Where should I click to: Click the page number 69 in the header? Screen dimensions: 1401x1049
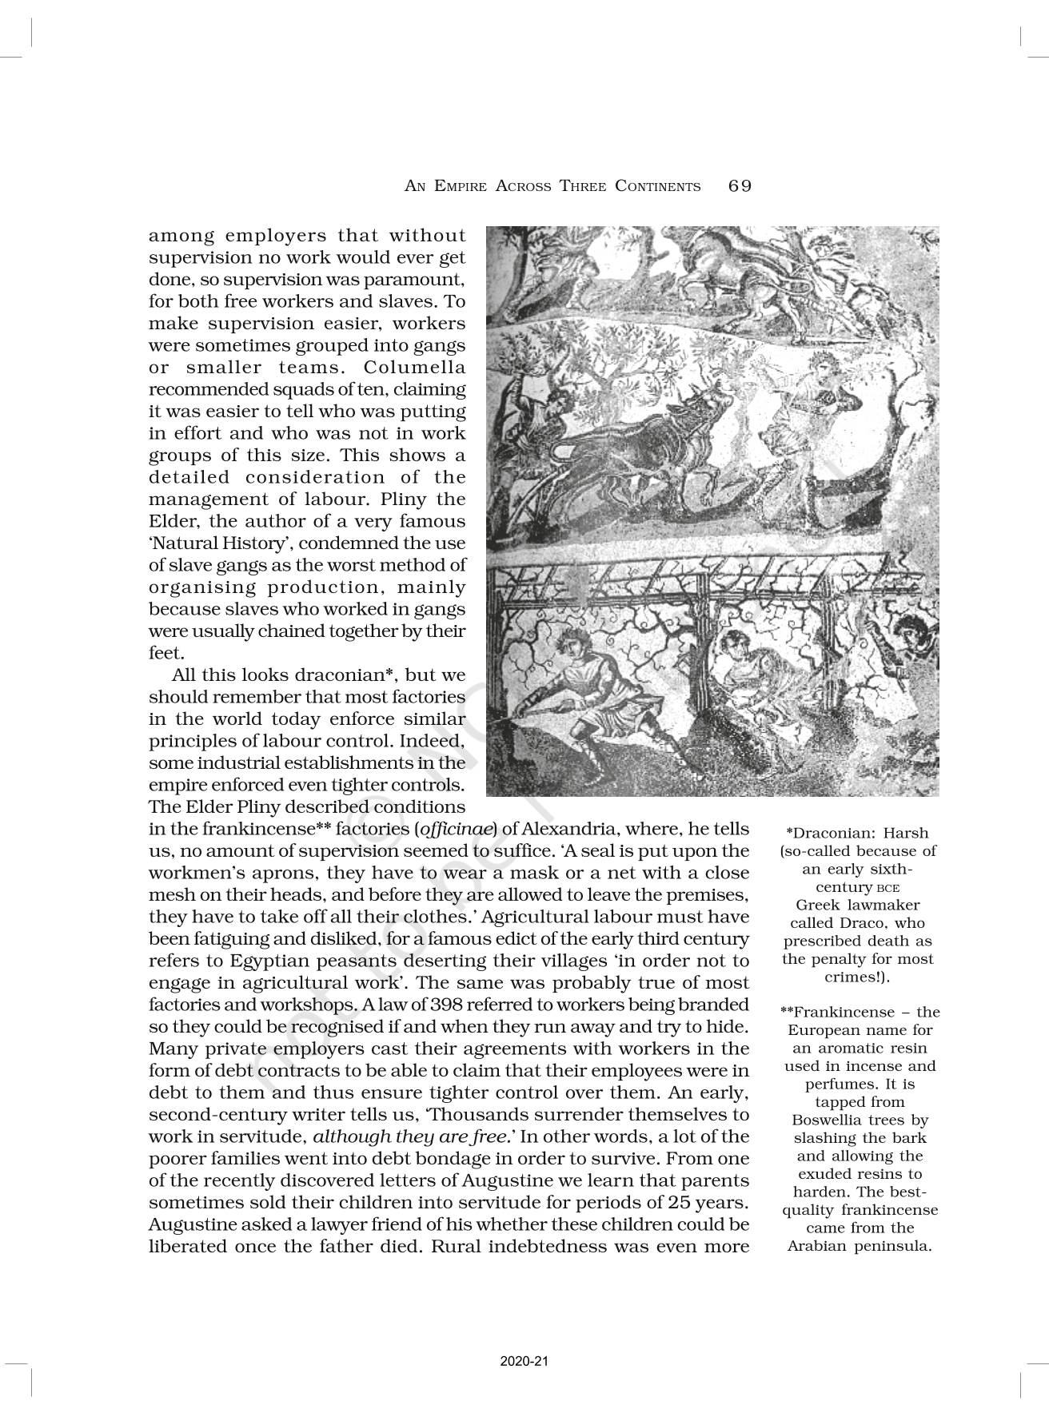(x=740, y=186)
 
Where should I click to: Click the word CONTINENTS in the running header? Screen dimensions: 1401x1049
(x=657, y=187)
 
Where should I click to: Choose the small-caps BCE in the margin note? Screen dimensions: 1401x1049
(x=887, y=888)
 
